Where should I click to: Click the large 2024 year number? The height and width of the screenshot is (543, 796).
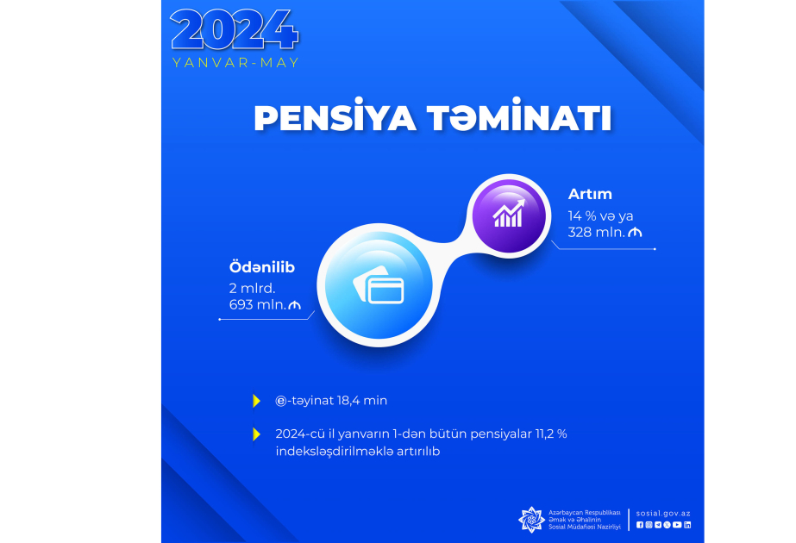pos(235,30)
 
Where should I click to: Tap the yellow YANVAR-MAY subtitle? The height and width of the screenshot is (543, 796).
pos(235,63)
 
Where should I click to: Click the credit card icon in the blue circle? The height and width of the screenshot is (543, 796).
pos(379,285)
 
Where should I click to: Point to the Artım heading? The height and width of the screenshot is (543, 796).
pos(590,194)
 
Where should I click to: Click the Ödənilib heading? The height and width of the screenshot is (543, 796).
pos(262,267)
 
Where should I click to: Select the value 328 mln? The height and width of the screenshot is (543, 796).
pos(597,233)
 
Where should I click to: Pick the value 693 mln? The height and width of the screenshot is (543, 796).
pos(257,304)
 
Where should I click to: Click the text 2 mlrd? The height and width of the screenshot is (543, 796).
pos(253,288)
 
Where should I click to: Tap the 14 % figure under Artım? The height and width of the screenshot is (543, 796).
pos(582,216)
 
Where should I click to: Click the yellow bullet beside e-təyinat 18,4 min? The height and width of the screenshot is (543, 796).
pos(257,401)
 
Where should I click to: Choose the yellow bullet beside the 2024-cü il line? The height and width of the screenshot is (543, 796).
pos(257,434)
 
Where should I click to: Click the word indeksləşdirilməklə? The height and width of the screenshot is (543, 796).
pos(335,451)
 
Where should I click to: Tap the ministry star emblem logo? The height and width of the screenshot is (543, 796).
pos(531,520)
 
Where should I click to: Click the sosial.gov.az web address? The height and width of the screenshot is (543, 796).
pos(663,514)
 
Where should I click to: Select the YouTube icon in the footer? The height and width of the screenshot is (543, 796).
pos(677,525)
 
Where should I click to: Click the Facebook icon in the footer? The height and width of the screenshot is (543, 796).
pos(640,525)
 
